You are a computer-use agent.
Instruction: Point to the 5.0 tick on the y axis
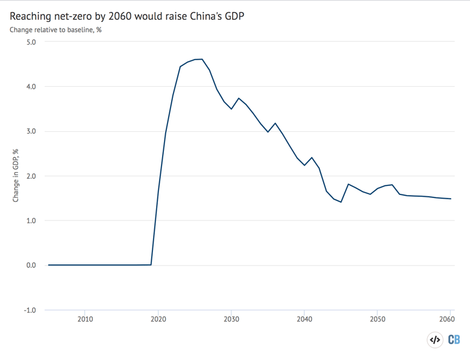point(30,42)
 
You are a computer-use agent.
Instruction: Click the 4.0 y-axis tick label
point(30,87)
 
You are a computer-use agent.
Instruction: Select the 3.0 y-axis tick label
point(30,131)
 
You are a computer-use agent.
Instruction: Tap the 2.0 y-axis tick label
point(30,176)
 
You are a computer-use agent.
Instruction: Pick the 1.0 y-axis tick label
point(30,221)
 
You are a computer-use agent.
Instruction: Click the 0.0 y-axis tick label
point(30,265)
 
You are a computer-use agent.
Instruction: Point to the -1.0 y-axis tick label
point(28,310)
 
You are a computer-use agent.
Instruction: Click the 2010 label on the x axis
point(85,319)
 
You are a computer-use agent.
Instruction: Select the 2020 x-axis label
point(158,319)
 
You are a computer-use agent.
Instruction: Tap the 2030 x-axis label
point(231,319)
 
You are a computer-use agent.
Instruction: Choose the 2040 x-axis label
point(304,319)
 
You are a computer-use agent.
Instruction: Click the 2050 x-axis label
point(377,319)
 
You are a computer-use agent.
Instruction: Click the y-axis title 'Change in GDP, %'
point(16,176)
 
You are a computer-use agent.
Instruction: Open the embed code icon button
point(434,340)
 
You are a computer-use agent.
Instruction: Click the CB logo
point(454,340)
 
